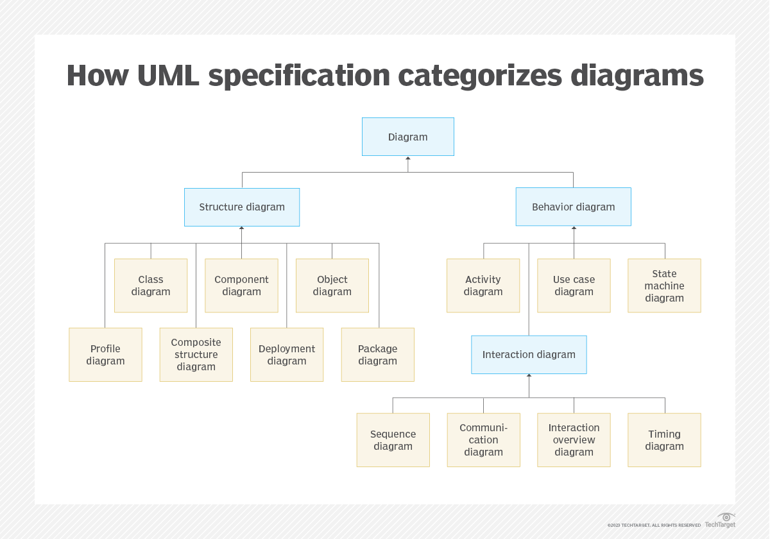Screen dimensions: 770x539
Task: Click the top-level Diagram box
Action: [408, 137]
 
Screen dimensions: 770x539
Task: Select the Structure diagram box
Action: [242, 207]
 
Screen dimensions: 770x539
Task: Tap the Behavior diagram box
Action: [574, 207]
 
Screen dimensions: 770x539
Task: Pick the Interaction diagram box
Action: [529, 354]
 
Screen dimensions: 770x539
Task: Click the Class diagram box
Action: [151, 286]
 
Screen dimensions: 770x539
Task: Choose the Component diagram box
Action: [242, 286]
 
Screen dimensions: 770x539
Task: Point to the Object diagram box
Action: [332, 286]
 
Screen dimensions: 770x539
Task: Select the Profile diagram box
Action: [105, 355]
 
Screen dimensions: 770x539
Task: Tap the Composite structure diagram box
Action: [196, 355]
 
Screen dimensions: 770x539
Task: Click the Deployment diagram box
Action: [287, 355]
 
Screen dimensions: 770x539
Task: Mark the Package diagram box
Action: [378, 355]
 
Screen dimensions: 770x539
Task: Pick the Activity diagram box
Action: [483, 286]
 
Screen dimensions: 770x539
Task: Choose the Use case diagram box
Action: [574, 286]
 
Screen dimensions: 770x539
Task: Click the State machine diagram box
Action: [665, 286]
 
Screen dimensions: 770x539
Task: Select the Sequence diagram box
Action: [393, 440]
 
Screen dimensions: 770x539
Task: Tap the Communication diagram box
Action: [484, 440]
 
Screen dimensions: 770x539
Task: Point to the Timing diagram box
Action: [665, 440]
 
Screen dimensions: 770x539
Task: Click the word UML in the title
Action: [168, 75]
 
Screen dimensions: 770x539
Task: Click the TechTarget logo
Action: [720, 520]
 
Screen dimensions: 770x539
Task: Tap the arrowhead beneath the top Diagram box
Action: [408, 158]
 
